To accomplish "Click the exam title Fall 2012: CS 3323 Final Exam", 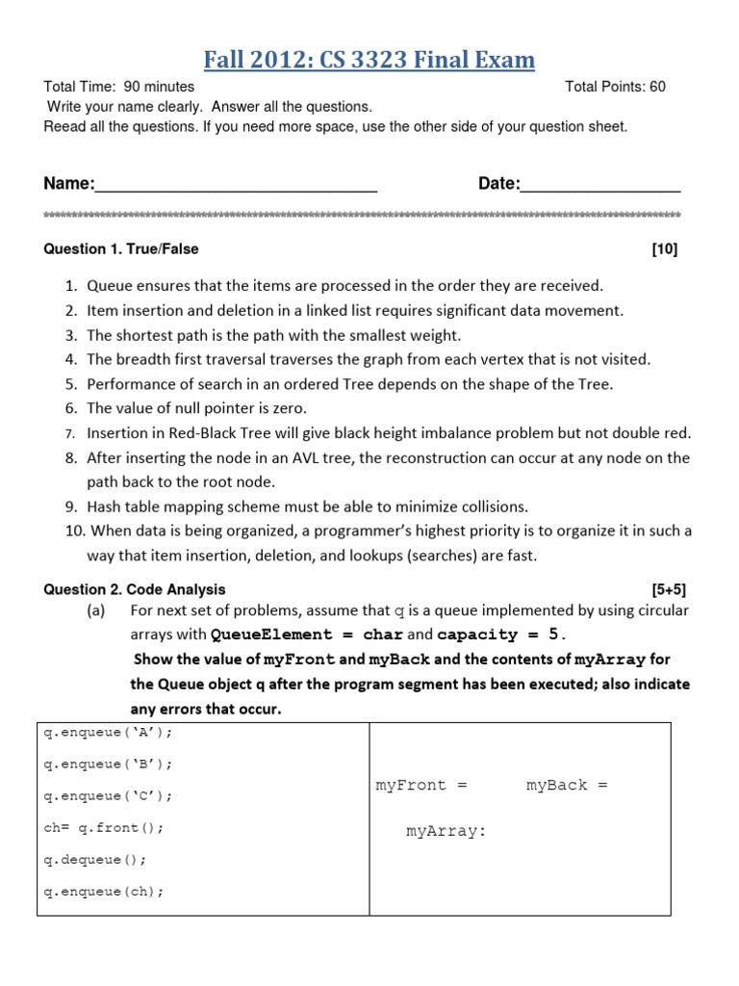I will pos(369,61).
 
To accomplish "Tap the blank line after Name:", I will pos(236,186).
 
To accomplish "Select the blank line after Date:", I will pos(600,186).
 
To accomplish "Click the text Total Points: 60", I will pos(615,87).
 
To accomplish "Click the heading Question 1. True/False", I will pos(121,249).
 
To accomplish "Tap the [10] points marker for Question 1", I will pos(664,249).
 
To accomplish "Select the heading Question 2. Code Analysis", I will pos(135,589).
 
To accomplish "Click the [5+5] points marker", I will pos(669,589).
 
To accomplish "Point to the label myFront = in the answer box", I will pos(421,786).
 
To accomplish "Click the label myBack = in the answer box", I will pos(567,786).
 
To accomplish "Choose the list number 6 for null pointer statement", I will pos(71,408).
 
